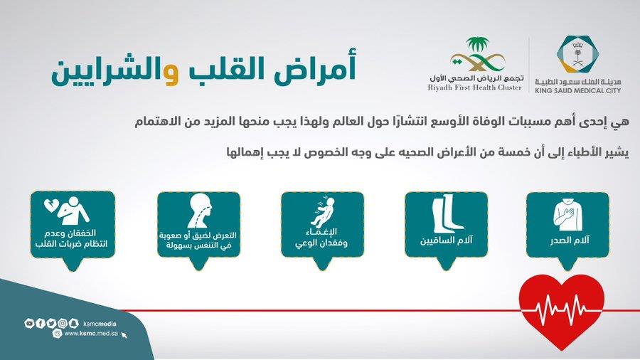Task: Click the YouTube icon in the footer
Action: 29,324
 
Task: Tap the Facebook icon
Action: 40,324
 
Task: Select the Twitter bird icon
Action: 51,324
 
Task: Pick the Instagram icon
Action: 62,324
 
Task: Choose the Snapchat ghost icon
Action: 73,324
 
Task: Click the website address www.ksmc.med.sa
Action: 91,334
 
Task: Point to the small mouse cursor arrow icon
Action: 124,335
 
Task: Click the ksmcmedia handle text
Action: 100,324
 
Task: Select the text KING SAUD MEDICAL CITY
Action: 577,90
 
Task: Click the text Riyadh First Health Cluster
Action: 475,88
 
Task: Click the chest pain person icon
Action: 567,214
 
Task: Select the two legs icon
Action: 447,213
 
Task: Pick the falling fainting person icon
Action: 322,212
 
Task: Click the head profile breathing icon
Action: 200,211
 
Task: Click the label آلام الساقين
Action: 446,240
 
